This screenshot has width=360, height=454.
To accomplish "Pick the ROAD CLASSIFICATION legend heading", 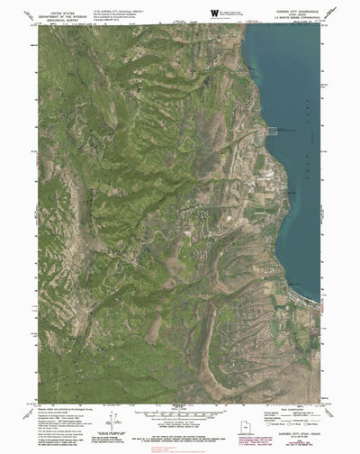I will click(x=282, y=403).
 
